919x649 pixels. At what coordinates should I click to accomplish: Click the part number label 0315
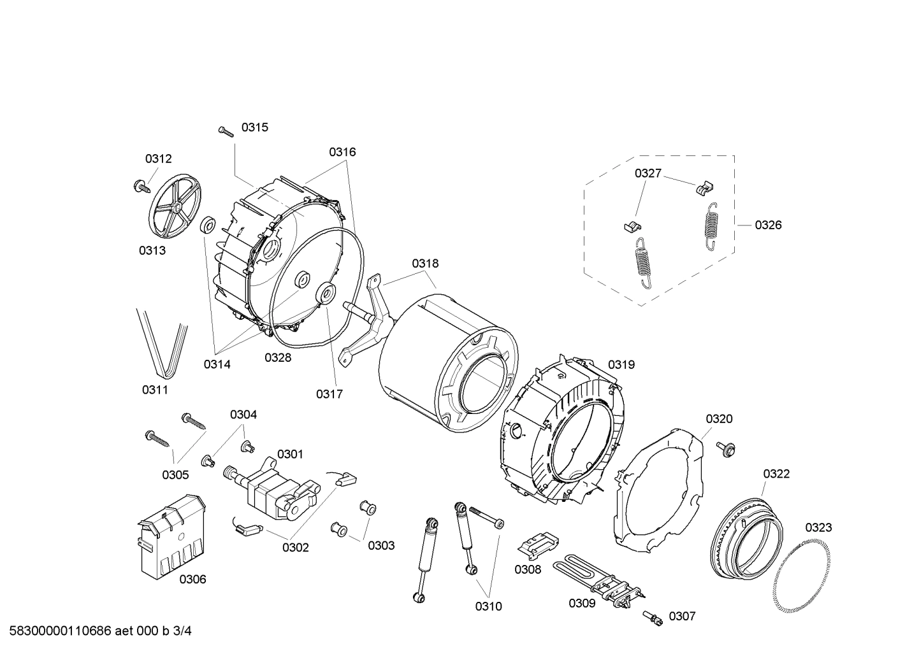[254, 127]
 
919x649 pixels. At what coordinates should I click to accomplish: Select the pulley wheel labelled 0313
[175, 206]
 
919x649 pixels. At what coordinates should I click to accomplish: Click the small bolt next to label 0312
[139, 186]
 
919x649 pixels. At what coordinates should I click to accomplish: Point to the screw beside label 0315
[225, 131]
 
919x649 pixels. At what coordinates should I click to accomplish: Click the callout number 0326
[768, 225]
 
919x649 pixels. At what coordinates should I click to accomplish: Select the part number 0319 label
[621, 364]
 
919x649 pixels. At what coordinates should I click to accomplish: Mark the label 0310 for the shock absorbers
[488, 606]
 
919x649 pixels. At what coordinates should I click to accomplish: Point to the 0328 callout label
[278, 358]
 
